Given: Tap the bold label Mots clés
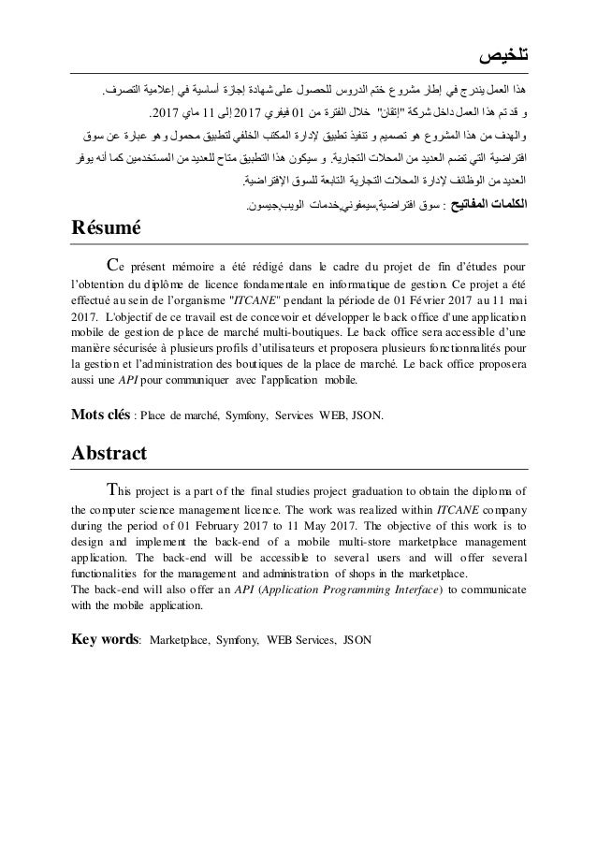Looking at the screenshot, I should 100,414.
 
